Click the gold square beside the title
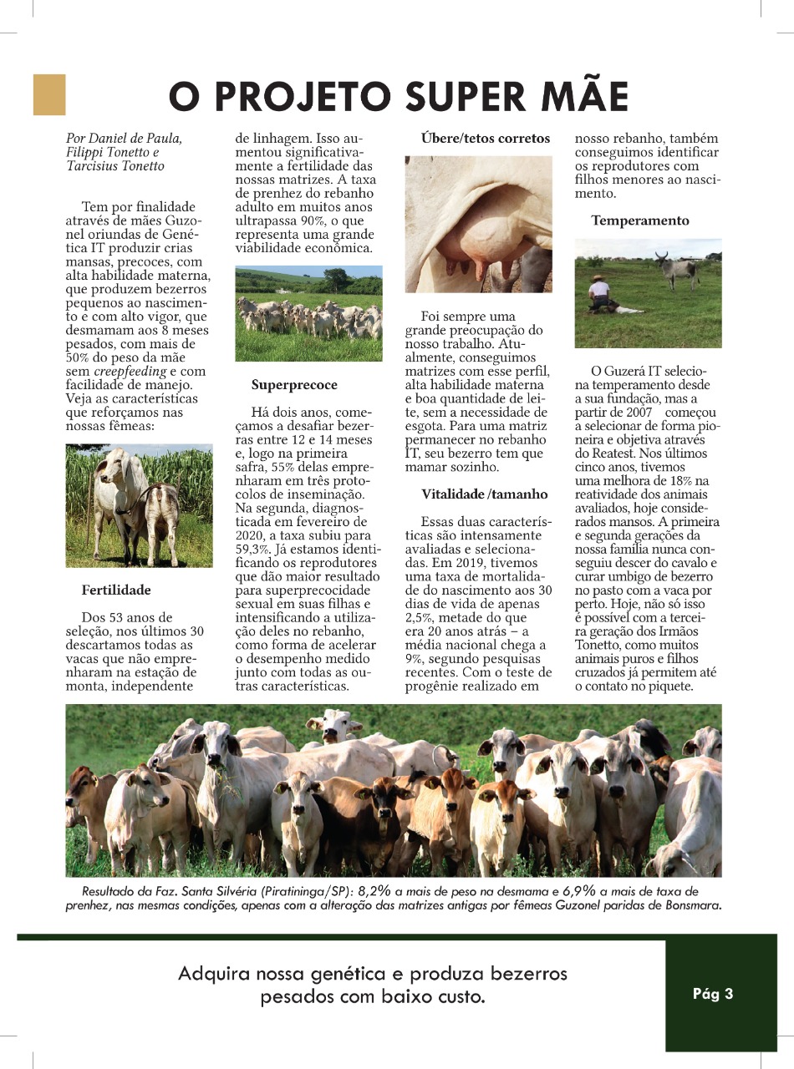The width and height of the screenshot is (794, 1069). [x=48, y=94]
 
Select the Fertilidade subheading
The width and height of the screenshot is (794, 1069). [x=116, y=590]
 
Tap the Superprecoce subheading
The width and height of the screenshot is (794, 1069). [x=294, y=386]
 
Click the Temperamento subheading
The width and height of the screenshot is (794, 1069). [x=640, y=220]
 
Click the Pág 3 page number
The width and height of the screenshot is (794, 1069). [x=712, y=994]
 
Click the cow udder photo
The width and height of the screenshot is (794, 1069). [x=478, y=224]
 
